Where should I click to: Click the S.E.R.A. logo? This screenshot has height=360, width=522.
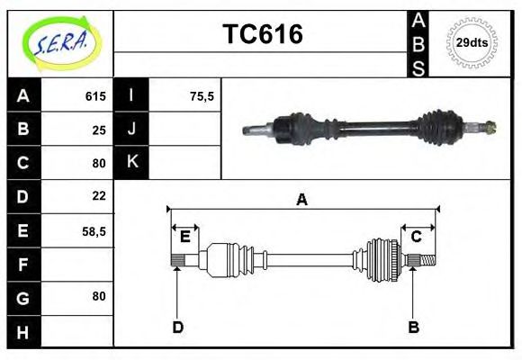click(59, 42)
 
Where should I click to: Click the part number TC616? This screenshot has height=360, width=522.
click(262, 34)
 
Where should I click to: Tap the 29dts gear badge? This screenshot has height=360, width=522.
click(472, 42)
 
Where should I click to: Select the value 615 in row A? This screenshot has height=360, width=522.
click(95, 96)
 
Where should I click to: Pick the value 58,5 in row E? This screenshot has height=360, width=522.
click(93, 231)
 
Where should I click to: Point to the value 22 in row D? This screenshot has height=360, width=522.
click(99, 195)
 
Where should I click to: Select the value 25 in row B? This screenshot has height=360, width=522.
click(99, 130)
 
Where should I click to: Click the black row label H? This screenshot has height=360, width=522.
click(23, 332)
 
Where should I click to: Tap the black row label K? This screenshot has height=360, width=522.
click(132, 163)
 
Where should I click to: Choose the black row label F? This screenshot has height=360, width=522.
click(23, 265)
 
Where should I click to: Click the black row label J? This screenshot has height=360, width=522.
click(132, 130)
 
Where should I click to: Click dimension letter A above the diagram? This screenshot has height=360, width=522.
click(301, 200)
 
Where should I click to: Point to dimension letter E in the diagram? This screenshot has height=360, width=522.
click(184, 237)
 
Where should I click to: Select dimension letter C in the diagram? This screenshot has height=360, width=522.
click(417, 237)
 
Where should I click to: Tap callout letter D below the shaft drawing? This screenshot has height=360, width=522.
click(177, 327)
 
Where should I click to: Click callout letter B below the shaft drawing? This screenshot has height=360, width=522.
click(414, 327)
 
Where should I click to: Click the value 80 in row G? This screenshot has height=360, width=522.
click(99, 296)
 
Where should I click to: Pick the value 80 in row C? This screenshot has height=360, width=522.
click(99, 163)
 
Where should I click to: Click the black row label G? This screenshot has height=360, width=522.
click(23, 298)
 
